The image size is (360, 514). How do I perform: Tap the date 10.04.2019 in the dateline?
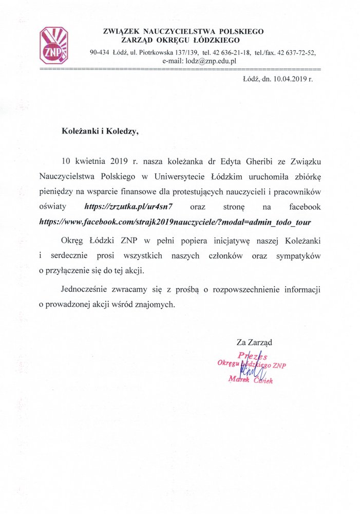coord(290,80)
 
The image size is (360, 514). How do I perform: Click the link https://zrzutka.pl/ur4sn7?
coord(130,207)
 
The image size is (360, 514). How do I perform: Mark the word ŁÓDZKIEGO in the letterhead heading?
coord(216,40)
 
